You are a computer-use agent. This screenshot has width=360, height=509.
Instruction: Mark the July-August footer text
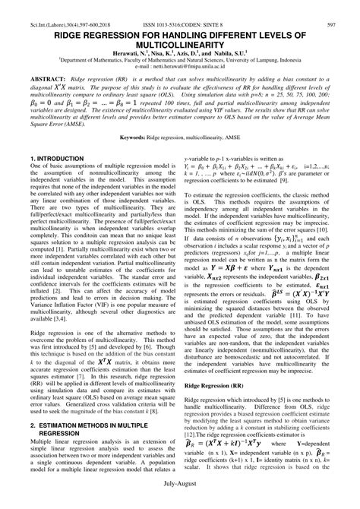[180, 499]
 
